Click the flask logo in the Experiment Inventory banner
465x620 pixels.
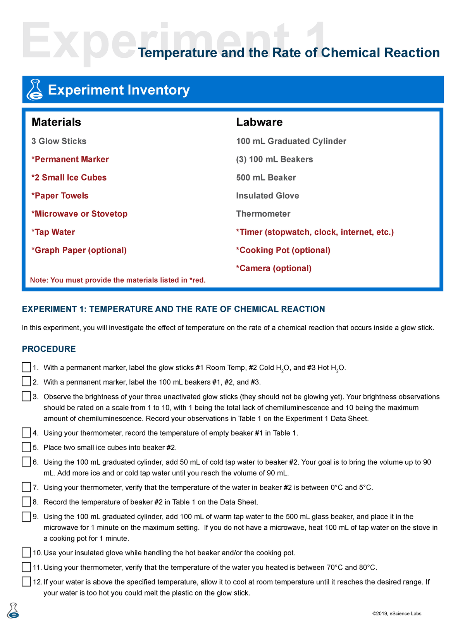click(34, 90)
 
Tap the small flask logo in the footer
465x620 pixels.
click(13, 610)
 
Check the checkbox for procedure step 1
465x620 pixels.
click(26, 367)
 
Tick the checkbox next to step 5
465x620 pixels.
click(26, 447)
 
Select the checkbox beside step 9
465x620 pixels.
click(26, 517)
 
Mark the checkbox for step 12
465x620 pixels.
click(26, 582)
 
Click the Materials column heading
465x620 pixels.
click(56, 122)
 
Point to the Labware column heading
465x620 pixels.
click(259, 122)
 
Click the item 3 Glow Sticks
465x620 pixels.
click(59, 141)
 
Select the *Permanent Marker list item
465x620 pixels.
click(70, 159)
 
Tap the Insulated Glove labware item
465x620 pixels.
click(267, 196)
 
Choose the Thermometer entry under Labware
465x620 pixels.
click(263, 214)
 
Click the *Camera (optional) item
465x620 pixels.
click(274, 268)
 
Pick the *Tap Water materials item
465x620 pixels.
click(53, 232)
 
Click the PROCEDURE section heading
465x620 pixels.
click(49, 349)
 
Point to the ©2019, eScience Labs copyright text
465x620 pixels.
click(396, 613)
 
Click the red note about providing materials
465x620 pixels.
click(118, 280)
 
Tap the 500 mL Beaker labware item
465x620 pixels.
click(266, 177)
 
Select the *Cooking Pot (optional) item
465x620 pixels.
click(283, 250)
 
